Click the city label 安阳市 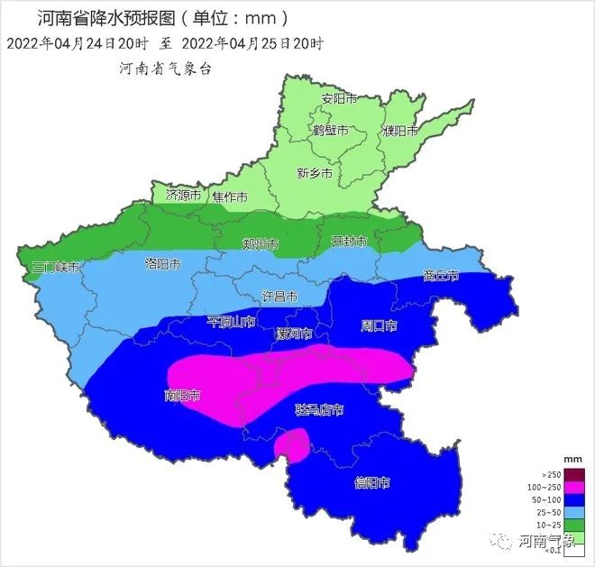tap(339, 98)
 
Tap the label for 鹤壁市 tap(330, 130)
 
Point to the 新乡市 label tap(315, 173)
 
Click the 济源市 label tap(183, 195)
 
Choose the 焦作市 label tap(230, 197)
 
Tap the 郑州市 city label tap(261, 244)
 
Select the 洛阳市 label tap(162, 264)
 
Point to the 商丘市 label tap(441, 276)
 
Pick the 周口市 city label tap(379, 324)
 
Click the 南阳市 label tap(182, 395)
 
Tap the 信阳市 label tap(371, 483)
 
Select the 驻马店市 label tap(319, 410)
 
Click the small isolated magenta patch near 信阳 tap(291, 444)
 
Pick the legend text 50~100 tap(550, 498)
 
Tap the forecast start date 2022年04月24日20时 tap(70, 42)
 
